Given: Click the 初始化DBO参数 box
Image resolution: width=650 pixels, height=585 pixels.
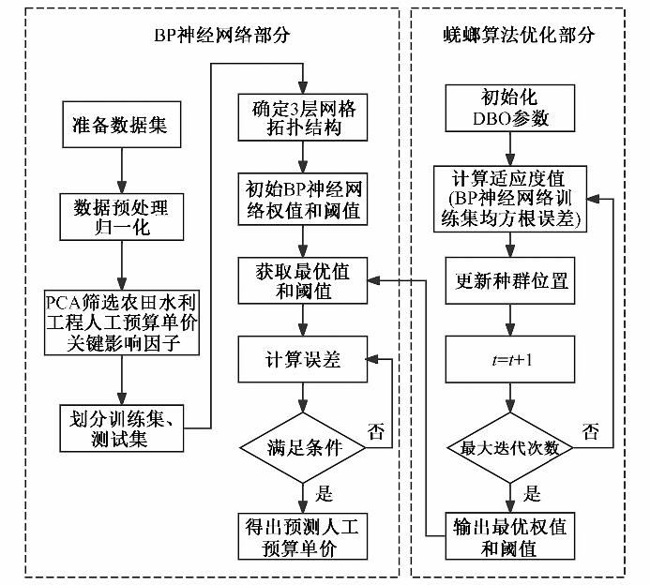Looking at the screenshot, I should pyautogui.click(x=509, y=108).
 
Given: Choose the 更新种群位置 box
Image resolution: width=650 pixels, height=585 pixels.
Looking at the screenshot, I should pyautogui.click(x=509, y=280).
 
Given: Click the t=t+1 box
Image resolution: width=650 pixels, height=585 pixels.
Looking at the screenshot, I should pyautogui.click(x=509, y=356).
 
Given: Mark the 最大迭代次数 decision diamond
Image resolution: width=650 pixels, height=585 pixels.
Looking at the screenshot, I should pyautogui.click(x=509, y=447).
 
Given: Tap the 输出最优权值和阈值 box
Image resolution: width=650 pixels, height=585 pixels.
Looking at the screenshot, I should pyautogui.click(x=509, y=535).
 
